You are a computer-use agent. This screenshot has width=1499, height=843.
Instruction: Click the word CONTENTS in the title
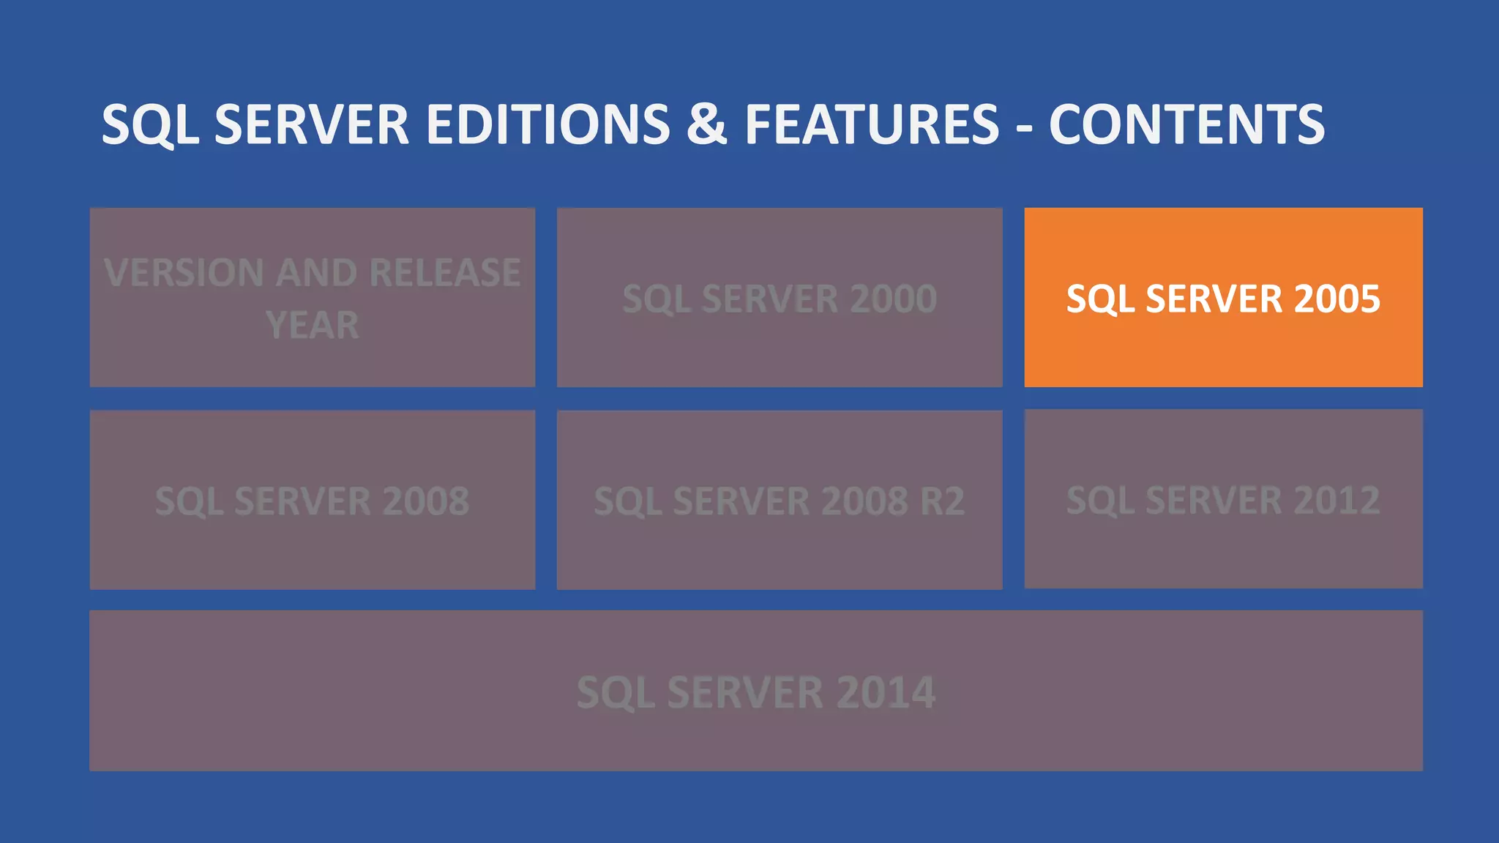pos(1186,124)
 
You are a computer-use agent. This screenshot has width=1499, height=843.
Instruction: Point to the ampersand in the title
pos(706,124)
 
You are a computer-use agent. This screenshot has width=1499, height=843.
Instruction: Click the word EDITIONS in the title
pos(547,124)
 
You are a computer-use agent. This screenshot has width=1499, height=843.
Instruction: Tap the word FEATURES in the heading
pos(872,124)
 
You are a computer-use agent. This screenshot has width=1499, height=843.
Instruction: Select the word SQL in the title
pos(150,124)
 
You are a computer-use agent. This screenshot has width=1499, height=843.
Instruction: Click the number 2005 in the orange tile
pos(1337,299)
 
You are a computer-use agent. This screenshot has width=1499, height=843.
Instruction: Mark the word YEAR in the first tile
pos(313,325)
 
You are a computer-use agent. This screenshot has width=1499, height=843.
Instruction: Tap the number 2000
pos(893,299)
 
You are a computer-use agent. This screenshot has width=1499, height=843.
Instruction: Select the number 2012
pos(1337,501)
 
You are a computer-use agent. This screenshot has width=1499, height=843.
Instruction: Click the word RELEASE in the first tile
pos(445,273)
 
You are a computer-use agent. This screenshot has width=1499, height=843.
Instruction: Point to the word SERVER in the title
pos(312,124)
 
